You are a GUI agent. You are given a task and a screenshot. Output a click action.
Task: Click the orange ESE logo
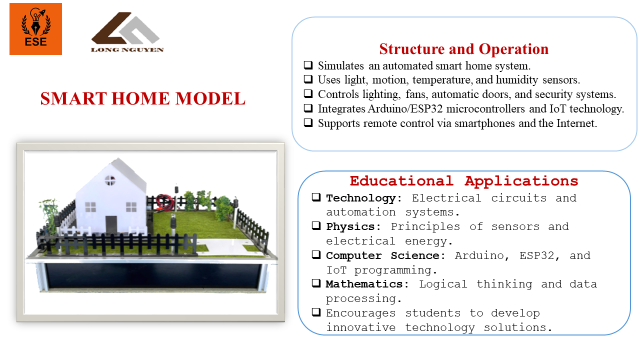point(36,29)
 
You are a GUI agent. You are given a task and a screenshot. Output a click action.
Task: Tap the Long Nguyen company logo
point(127,32)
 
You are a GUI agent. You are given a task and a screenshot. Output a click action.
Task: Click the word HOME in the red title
point(140,99)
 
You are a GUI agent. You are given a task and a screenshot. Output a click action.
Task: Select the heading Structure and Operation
point(464,49)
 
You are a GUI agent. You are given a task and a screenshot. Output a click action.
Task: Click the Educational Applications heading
point(464,181)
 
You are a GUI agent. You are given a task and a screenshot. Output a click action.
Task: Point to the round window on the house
point(110,180)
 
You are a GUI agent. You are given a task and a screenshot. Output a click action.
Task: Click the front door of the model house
point(111,225)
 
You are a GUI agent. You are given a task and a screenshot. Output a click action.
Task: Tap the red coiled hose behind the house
point(164,202)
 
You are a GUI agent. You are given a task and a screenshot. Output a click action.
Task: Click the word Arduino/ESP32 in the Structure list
point(405,109)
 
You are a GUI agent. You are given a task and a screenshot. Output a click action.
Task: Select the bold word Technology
point(361,198)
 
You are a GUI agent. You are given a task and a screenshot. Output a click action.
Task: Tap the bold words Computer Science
point(382,256)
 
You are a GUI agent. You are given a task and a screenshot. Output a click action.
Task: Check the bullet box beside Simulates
point(308,65)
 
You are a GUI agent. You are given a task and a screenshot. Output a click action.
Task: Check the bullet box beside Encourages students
point(316,312)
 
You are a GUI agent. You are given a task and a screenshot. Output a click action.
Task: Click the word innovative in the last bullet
point(361,327)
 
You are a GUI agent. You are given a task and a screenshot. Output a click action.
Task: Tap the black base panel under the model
point(153,276)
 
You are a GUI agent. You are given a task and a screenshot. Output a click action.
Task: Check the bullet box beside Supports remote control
point(308,122)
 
